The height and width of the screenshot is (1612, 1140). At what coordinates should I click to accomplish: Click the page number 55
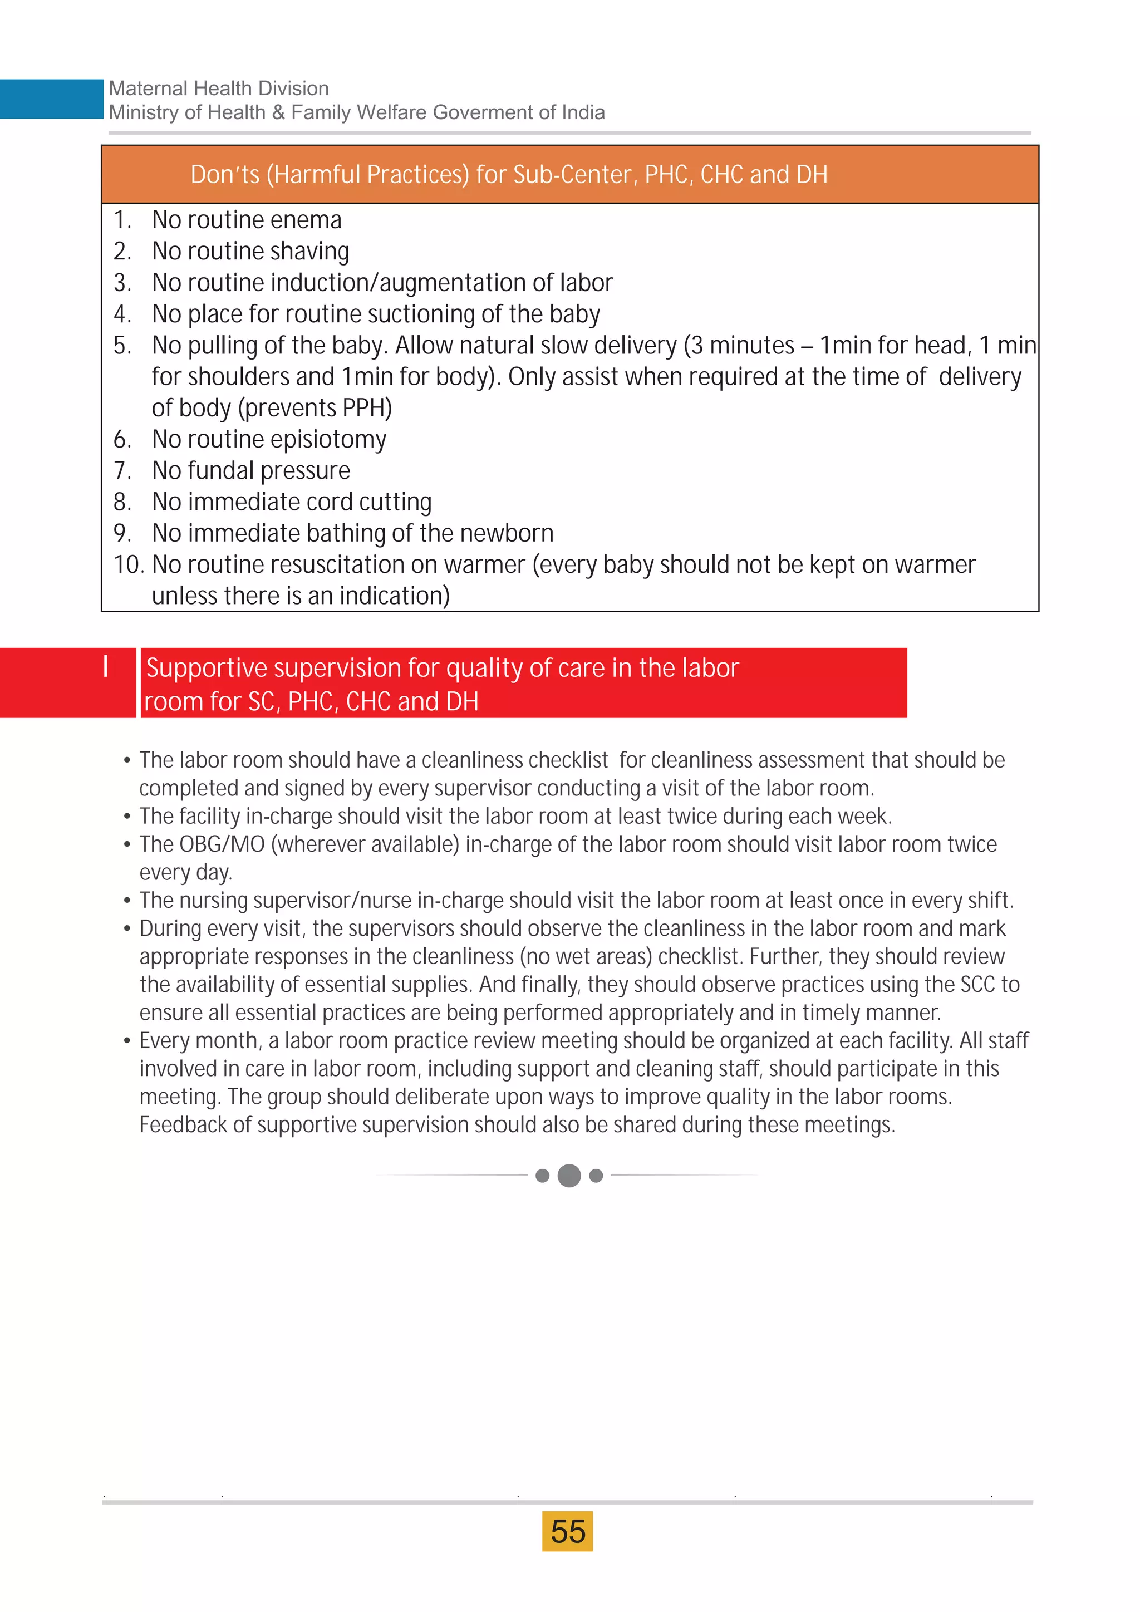(x=567, y=1531)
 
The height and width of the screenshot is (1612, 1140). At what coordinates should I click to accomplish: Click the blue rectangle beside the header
(x=51, y=99)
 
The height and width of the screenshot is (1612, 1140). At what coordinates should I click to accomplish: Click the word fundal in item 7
(x=220, y=470)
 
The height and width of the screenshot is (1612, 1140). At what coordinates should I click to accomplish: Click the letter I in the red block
(x=106, y=666)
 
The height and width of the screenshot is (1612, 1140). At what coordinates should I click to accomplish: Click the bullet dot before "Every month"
(x=127, y=1041)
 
